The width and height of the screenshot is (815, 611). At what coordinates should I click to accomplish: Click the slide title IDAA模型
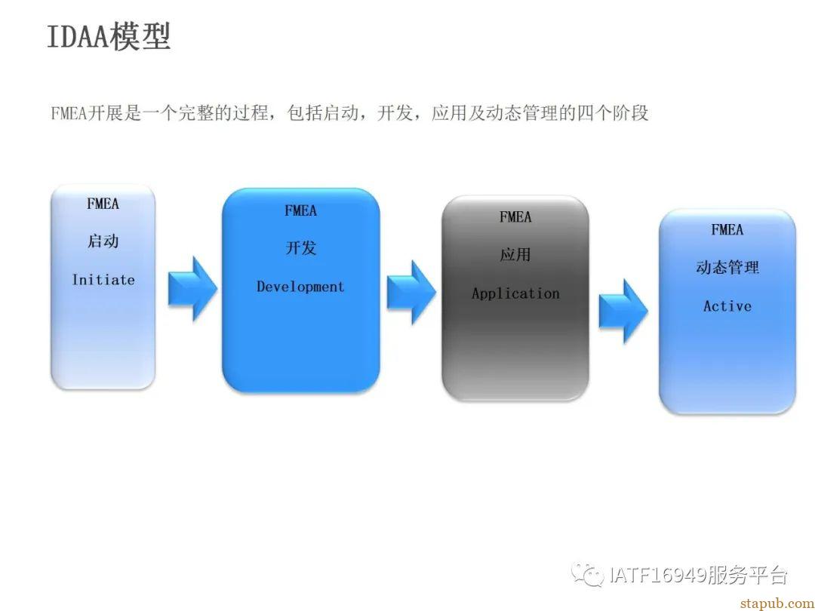(109, 36)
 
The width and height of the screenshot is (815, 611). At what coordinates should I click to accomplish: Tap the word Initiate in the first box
(103, 280)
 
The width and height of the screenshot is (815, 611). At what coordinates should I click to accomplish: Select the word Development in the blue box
(300, 287)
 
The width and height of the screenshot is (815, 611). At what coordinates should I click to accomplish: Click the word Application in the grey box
(515, 293)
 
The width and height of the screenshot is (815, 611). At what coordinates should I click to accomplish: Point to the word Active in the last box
(727, 306)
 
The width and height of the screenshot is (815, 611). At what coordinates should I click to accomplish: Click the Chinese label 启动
(103, 241)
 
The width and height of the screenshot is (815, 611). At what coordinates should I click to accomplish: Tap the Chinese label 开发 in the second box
(301, 248)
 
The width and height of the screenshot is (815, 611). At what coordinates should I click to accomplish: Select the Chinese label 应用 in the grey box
(515, 255)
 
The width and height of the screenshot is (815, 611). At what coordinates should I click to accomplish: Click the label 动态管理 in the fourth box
(727, 268)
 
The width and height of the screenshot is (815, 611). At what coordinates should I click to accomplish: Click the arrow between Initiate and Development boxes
(192, 289)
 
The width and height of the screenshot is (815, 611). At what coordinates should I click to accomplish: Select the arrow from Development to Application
(411, 293)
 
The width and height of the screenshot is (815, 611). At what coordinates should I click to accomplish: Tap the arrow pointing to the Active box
(623, 312)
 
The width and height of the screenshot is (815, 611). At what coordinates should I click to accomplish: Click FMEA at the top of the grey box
(515, 216)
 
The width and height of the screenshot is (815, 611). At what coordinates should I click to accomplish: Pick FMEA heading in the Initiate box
(103, 204)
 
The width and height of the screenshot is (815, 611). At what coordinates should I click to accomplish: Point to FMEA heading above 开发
(300, 210)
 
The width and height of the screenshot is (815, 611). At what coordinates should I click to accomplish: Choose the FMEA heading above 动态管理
(727, 229)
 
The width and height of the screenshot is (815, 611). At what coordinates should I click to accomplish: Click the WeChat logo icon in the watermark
(587, 574)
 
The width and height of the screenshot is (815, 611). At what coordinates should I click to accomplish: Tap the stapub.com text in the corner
(777, 603)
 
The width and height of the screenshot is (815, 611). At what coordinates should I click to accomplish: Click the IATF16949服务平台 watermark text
(699, 575)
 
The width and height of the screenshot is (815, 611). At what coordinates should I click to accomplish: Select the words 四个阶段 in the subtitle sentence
(613, 112)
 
